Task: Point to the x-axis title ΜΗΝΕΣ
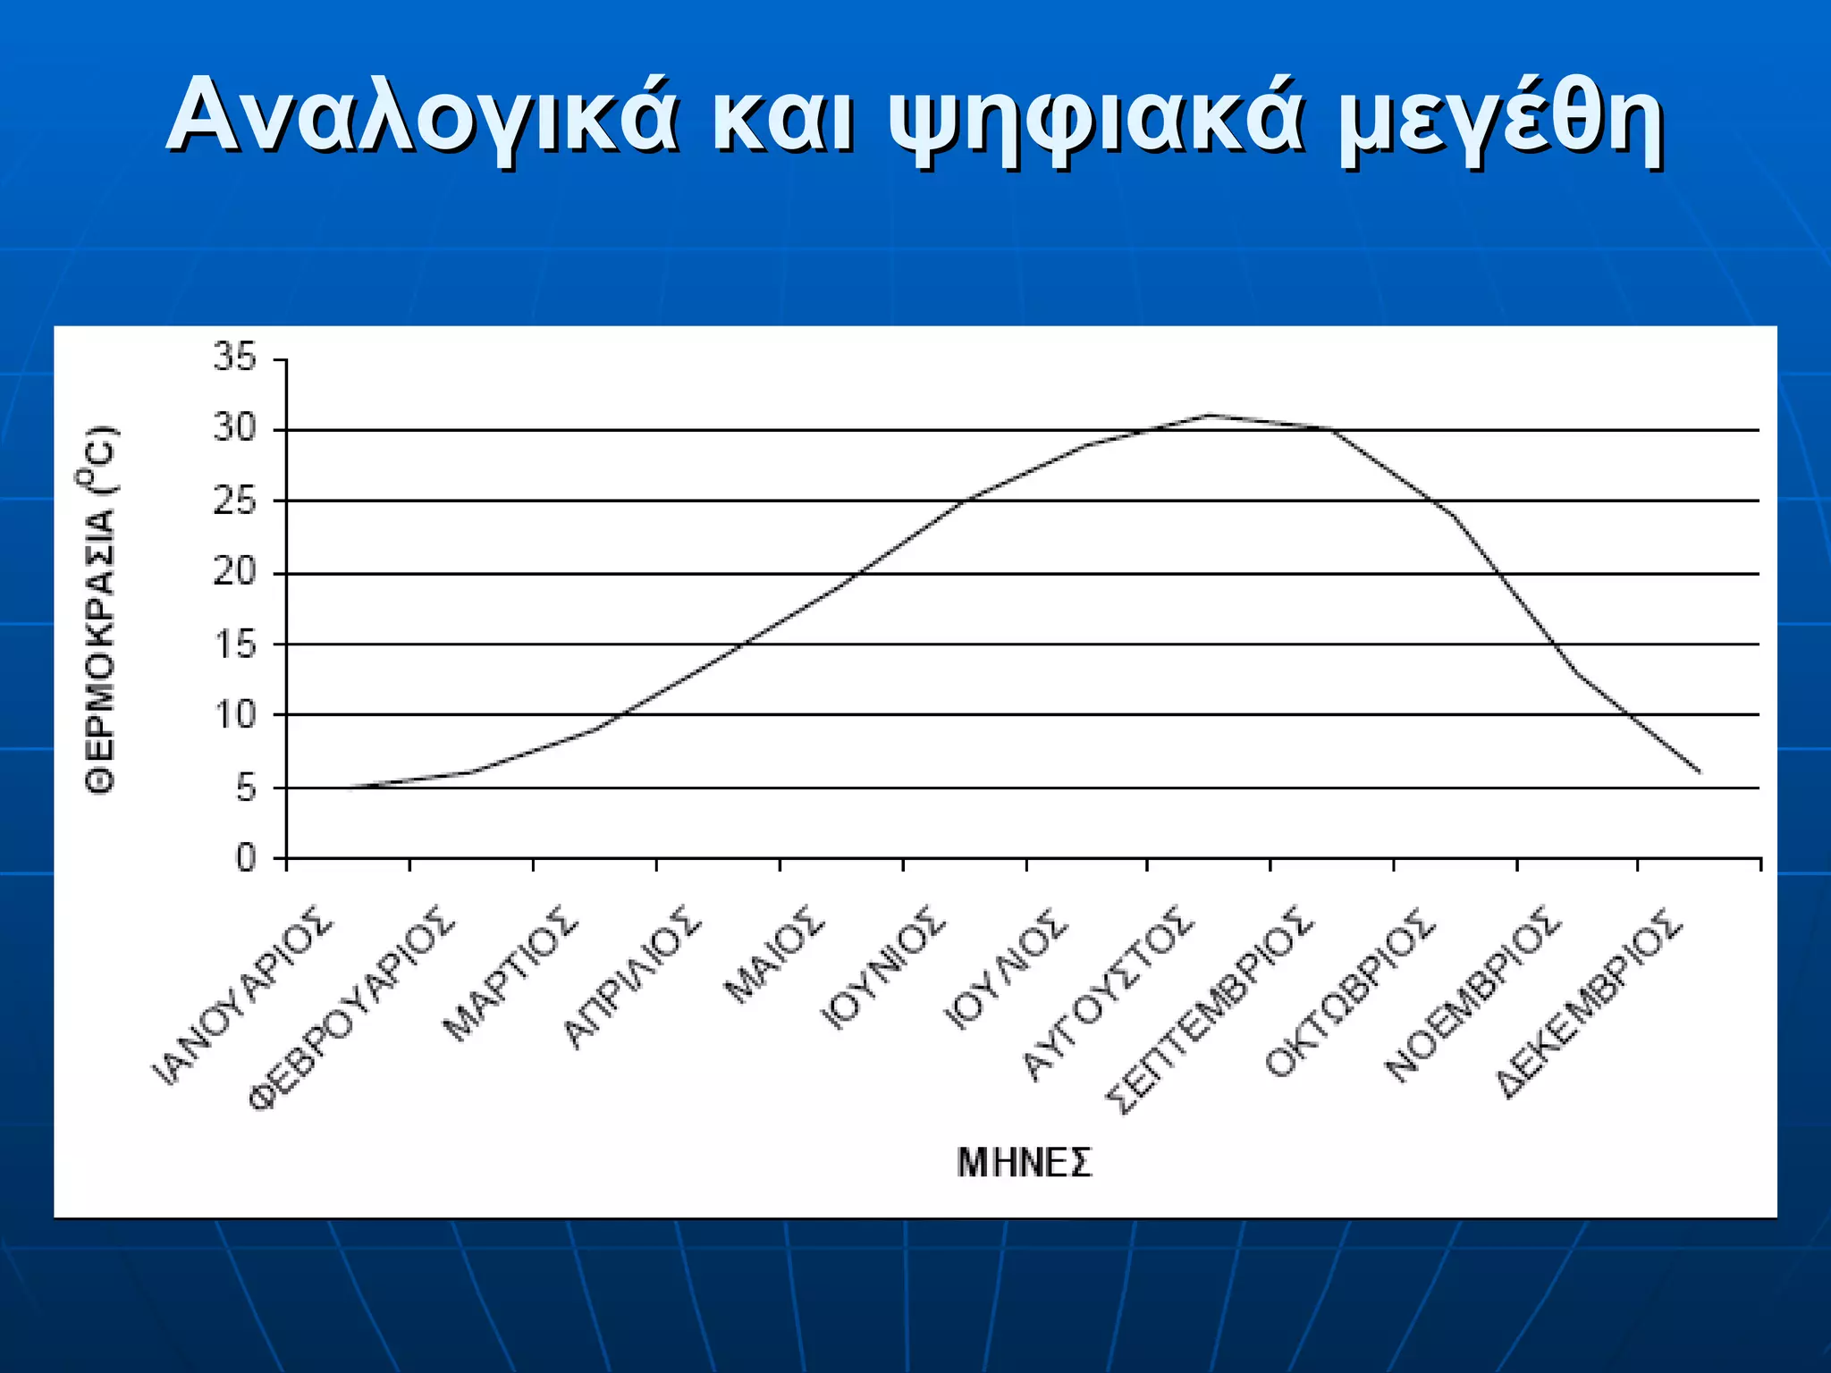coord(1025,1163)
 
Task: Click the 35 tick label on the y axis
coord(234,358)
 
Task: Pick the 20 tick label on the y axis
coord(234,573)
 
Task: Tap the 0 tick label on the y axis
coord(245,858)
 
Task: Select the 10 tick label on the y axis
coord(234,715)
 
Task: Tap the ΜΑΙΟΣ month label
coord(772,955)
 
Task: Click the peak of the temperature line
coord(1209,415)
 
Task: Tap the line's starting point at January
coord(350,788)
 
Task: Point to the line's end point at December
coord(1700,772)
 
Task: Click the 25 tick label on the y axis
coord(234,501)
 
